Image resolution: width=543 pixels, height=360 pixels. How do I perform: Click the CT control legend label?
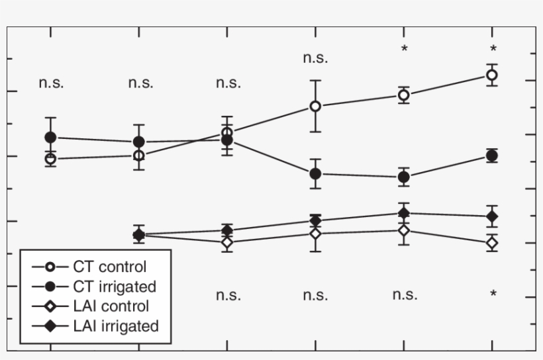[113, 267]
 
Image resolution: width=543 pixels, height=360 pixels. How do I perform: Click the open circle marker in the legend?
[49, 267]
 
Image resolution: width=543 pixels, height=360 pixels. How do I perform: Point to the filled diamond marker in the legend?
[49, 326]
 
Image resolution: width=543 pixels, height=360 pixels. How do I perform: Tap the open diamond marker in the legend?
[49, 306]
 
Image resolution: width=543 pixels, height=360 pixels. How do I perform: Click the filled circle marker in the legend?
[49, 287]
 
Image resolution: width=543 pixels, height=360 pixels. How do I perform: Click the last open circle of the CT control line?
[492, 75]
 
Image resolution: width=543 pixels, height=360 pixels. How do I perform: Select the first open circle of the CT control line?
[50, 159]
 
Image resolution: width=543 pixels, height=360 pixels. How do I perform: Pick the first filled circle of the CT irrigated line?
[50, 137]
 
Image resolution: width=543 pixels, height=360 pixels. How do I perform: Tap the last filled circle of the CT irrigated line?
[492, 156]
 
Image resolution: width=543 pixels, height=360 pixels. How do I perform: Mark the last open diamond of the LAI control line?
[492, 243]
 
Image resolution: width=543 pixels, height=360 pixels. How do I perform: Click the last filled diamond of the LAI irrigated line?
[492, 216]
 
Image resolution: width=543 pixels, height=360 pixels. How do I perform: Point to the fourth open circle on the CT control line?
[316, 106]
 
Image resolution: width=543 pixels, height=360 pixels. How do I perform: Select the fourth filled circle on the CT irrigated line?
[316, 173]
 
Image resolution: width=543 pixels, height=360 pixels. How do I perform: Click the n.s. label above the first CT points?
[52, 84]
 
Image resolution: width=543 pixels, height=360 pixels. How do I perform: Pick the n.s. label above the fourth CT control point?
[315, 58]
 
